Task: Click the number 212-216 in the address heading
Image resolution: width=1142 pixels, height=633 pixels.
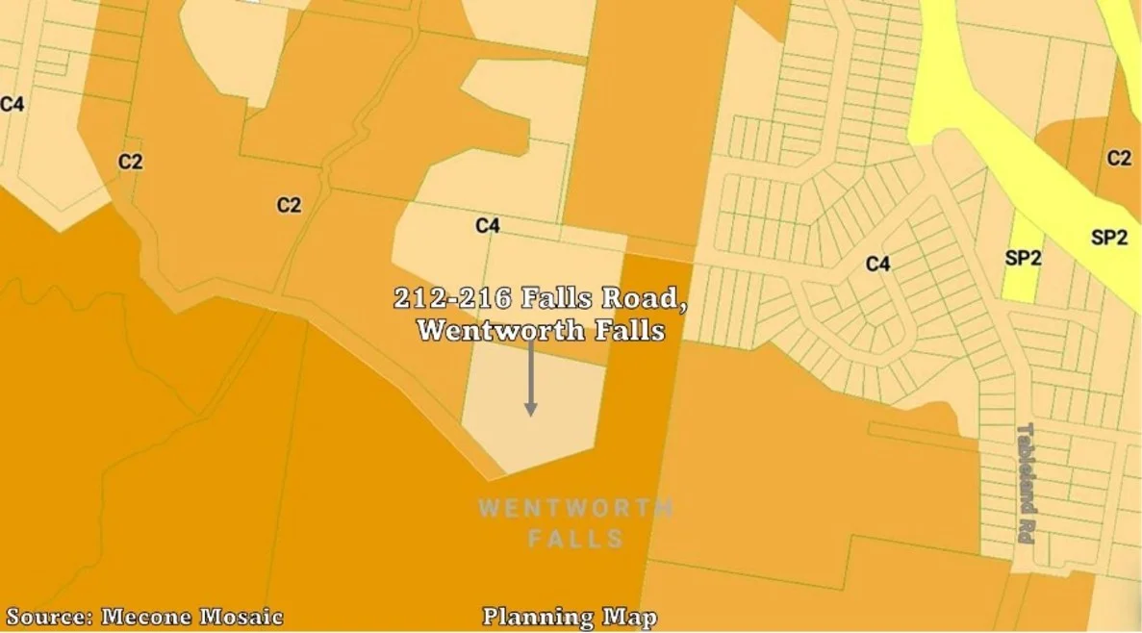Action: tap(452, 298)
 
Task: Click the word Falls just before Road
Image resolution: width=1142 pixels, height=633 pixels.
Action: tap(557, 298)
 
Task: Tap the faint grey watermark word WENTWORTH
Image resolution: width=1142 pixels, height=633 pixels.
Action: tap(575, 507)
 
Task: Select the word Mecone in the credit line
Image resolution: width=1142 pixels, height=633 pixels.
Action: tap(145, 617)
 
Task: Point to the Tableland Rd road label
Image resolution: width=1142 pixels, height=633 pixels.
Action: tap(1025, 483)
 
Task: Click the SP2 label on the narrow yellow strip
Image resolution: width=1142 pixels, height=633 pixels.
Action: tap(1023, 259)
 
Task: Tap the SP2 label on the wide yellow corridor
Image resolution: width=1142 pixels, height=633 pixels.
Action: tap(1108, 238)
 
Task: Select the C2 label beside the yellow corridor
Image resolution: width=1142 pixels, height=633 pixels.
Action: tap(1118, 159)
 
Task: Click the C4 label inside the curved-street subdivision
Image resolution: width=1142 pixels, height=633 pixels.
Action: tap(877, 264)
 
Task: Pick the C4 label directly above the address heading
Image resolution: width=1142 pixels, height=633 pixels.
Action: tap(488, 226)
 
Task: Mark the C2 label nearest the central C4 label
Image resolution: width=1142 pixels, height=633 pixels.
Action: tap(289, 205)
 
